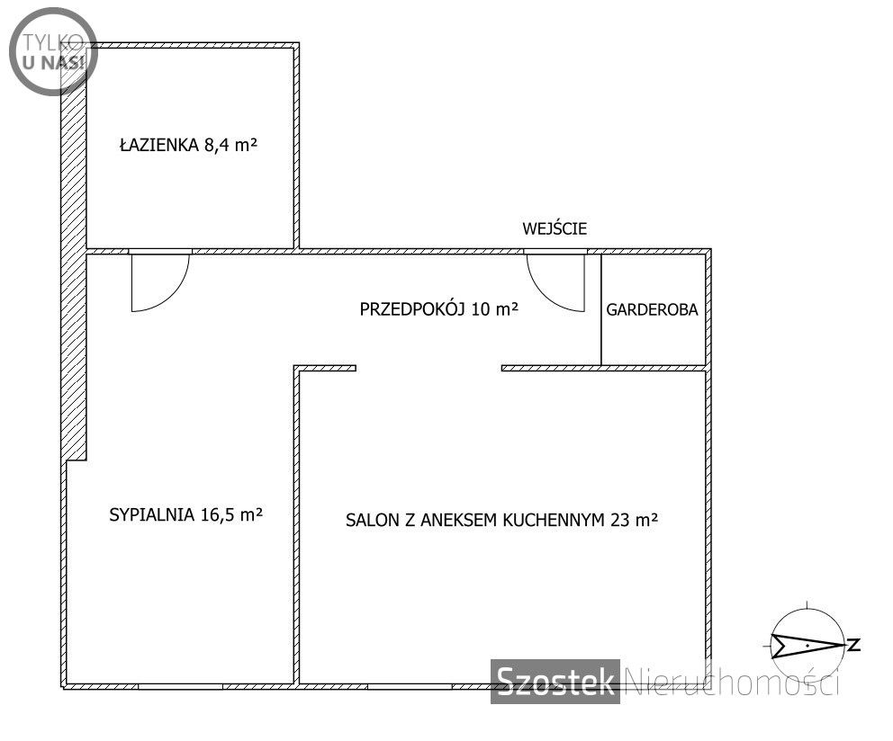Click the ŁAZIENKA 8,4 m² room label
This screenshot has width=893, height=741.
[188, 145]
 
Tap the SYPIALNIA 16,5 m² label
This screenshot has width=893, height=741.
[185, 514]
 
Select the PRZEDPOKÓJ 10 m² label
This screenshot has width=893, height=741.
[439, 309]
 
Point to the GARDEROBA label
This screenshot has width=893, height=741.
[652, 309]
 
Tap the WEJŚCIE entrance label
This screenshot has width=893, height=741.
[555, 228]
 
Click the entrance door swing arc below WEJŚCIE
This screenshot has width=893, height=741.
[544, 293]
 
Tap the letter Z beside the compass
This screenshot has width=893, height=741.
[853, 645]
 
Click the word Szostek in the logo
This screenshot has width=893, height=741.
[555, 681]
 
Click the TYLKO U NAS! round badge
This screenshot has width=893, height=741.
[53, 51]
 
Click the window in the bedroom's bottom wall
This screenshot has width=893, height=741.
[181, 687]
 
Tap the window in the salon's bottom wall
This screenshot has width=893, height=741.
[410, 687]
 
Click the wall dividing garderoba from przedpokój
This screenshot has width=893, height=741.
[601, 309]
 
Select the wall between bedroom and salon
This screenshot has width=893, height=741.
[296, 525]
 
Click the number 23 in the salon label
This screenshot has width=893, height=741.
[619, 520]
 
